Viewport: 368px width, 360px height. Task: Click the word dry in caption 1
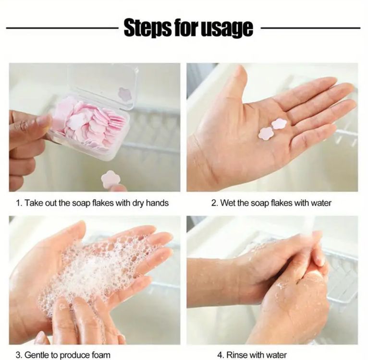[138, 203]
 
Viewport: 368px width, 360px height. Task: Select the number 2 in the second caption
[214, 203]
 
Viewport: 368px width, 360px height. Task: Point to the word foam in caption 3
[100, 355]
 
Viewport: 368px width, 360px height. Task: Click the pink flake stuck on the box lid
[124, 94]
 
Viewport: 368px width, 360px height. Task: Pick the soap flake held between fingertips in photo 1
[110, 179]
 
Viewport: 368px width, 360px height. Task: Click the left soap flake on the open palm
[265, 134]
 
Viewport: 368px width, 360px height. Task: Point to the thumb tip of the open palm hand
[241, 70]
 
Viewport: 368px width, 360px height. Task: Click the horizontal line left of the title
[62, 28]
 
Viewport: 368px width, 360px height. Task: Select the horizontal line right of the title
[310, 28]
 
